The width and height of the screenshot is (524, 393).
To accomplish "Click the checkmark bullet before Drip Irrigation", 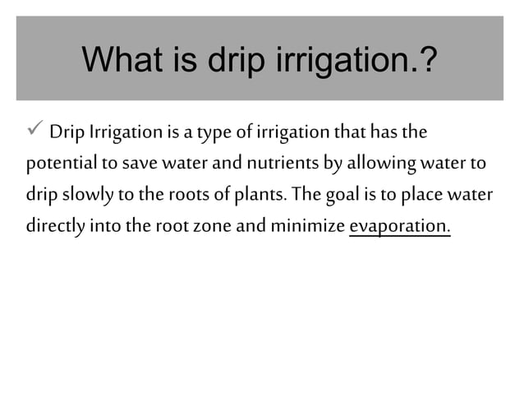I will pyautogui.click(x=35, y=132).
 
